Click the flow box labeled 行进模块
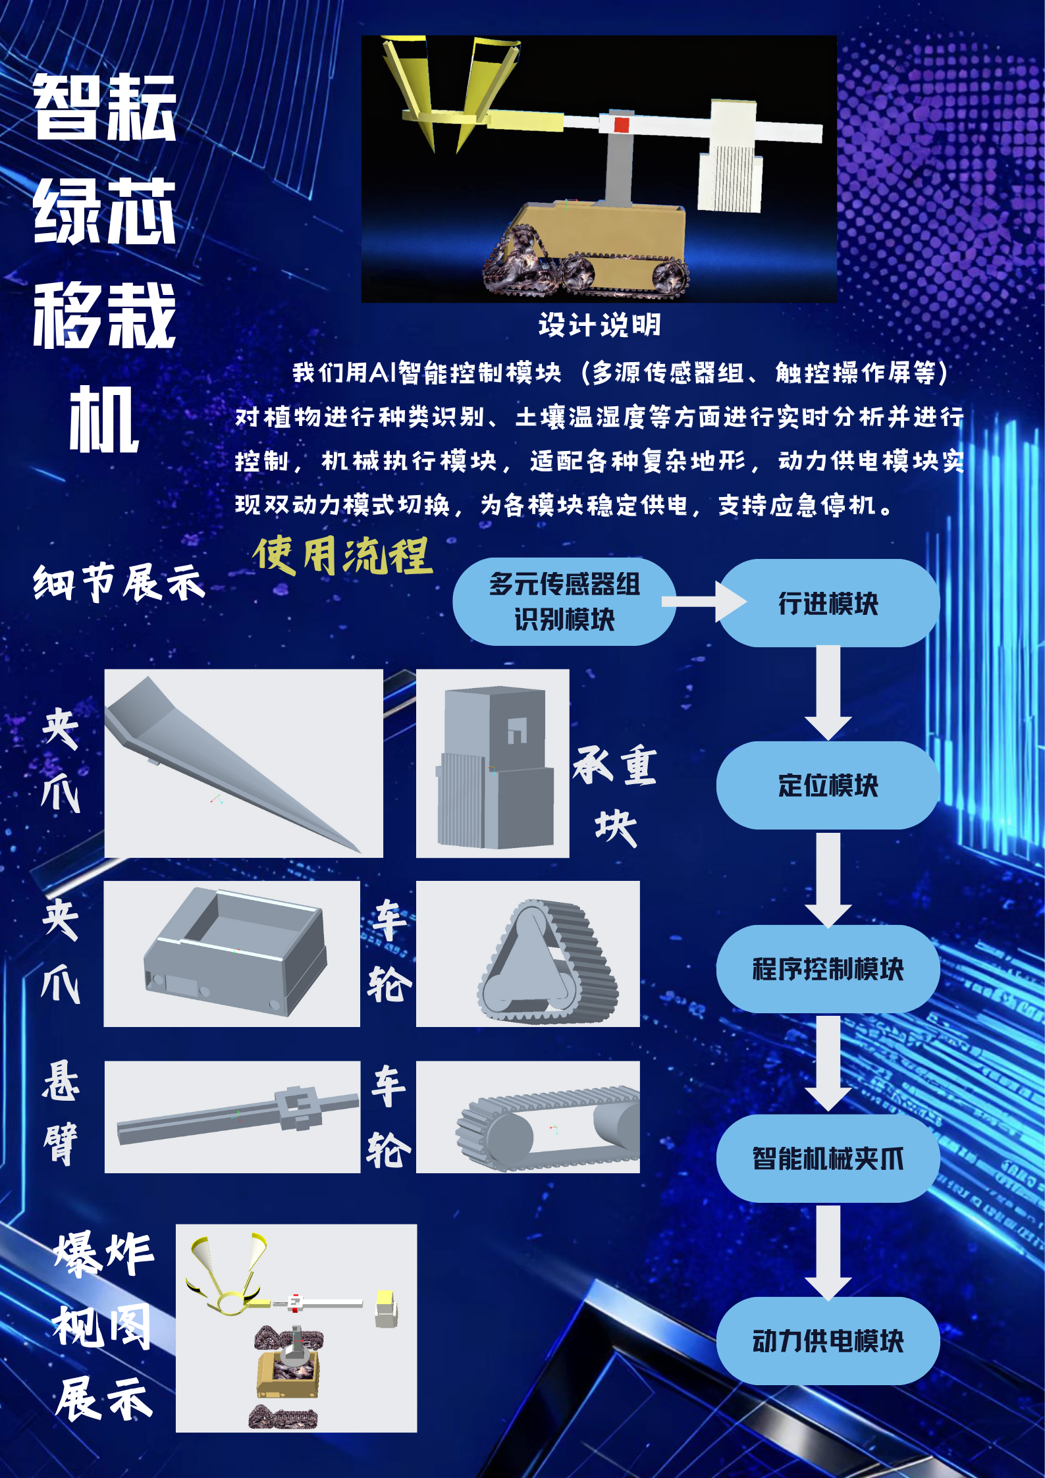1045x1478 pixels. [828, 603]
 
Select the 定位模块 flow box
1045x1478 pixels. [828, 785]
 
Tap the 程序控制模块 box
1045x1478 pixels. [828, 968]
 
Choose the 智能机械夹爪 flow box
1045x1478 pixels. [828, 1158]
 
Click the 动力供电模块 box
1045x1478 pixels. [828, 1340]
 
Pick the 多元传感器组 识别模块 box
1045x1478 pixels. [564, 601]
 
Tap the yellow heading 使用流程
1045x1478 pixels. [342, 555]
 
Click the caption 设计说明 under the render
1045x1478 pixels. [599, 325]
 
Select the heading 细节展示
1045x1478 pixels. [119, 583]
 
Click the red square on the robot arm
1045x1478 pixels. [622, 124]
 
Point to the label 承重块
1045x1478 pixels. [614, 793]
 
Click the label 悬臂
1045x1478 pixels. [61, 1113]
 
